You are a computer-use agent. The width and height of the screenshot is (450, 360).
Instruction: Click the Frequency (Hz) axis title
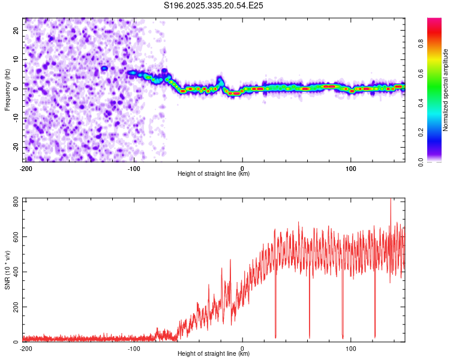click(x=7, y=89)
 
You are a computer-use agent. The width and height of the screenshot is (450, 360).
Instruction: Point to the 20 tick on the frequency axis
click(x=17, y=29)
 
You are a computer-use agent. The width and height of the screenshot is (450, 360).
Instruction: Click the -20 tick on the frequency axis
click(x=16, y=147)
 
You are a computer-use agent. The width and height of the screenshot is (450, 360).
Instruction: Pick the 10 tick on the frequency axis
click(x=17, y=59)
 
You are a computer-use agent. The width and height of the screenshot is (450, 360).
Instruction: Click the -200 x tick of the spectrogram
click(x=26, y=168)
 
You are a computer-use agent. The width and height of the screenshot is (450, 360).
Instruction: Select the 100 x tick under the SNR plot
click(x=351, y=348)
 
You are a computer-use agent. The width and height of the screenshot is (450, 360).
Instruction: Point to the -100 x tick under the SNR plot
click(x=134, y=348)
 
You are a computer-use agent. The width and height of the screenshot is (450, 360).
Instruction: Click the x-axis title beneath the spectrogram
click(x=214, y=174)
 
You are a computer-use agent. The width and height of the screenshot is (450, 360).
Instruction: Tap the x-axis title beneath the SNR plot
click(x=214, y=354)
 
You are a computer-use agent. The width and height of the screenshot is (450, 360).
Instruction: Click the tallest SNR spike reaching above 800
click(x=391, y=200)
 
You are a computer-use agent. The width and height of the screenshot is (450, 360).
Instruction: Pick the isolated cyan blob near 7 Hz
click(x=104, y=68)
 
